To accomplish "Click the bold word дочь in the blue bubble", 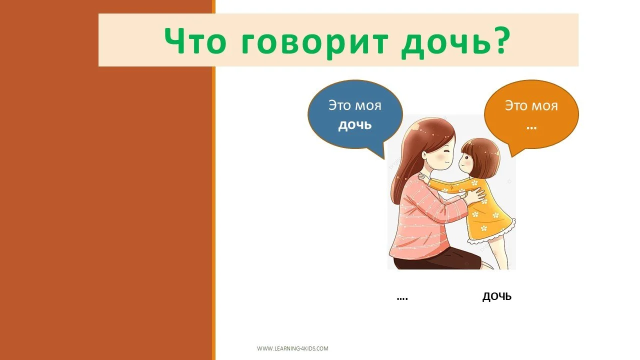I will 355,125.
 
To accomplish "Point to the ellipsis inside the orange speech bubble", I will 531,126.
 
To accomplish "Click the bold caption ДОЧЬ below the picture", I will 497,297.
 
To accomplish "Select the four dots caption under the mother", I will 402,298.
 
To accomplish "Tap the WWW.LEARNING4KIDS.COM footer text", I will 292,348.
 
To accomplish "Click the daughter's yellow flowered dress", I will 487,215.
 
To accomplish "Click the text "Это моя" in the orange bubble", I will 531,106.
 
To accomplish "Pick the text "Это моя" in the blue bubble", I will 355,106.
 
